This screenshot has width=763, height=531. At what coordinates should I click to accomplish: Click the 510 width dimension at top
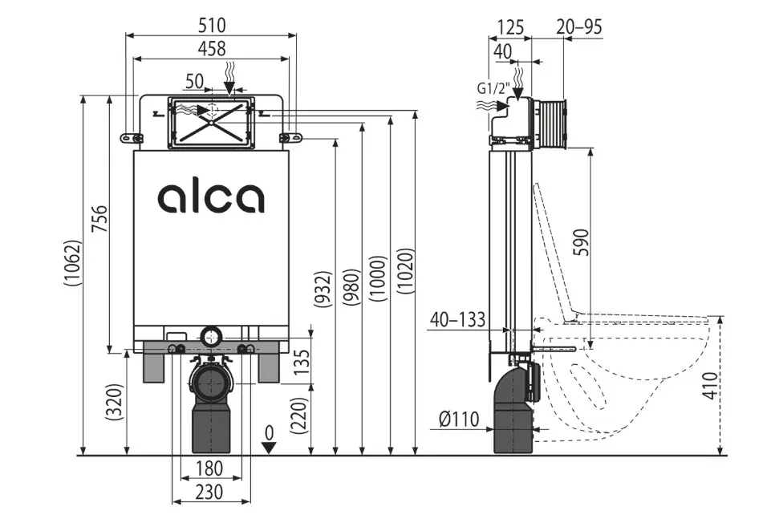tap(213, 25)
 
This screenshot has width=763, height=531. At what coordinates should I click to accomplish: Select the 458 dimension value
tap(212, 49)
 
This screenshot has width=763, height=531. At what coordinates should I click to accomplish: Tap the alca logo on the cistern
tap(211, 197)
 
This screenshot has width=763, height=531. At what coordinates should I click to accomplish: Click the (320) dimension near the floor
tap(115, 405)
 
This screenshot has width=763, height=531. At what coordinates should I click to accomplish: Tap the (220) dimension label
tap(300, 416)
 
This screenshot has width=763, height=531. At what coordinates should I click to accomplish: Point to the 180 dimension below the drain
tap(209, 468)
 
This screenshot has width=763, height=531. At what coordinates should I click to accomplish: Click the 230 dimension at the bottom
tap(208, 491)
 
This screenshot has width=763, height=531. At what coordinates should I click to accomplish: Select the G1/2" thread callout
tap(492, 88)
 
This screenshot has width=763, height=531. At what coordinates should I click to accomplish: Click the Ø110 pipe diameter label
tap(458, 418)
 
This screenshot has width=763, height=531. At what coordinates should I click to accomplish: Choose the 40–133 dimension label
tap(457, 320)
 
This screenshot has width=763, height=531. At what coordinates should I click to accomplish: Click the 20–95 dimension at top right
tap(578, 26)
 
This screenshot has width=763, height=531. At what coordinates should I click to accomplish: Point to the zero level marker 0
tap(270, 432)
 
